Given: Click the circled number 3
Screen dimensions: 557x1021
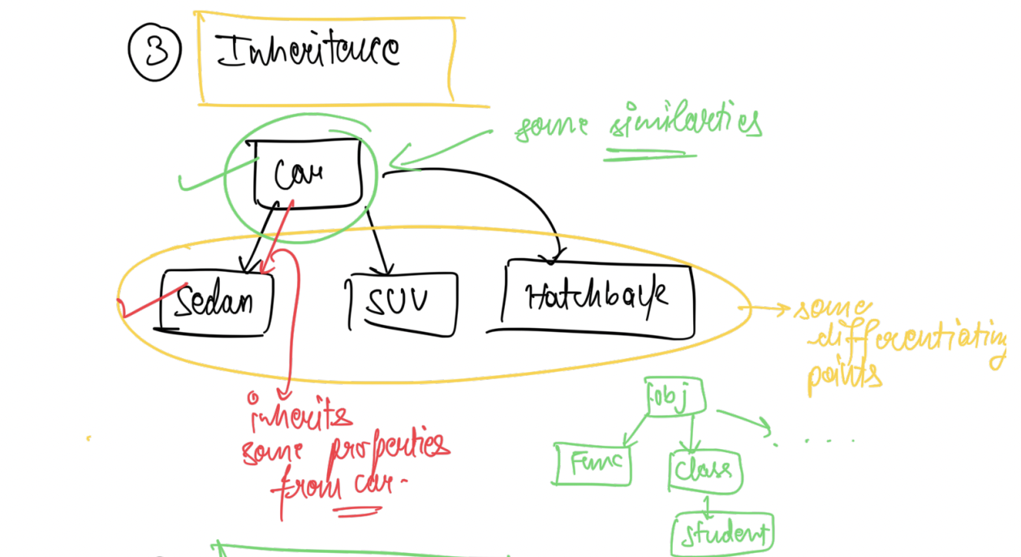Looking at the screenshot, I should (x=153, y=52).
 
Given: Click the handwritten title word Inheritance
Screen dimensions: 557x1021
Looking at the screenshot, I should (x=308, y=52).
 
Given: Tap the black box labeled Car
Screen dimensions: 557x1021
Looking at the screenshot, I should (x=307, y=174).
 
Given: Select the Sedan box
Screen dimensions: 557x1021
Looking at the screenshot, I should (x=216, y=303).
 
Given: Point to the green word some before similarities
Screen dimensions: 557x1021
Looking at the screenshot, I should (x=552, y=128).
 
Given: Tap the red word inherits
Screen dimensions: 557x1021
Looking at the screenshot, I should (x=300, y=415).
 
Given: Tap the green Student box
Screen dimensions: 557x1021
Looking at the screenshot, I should (x=722, y=534).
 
